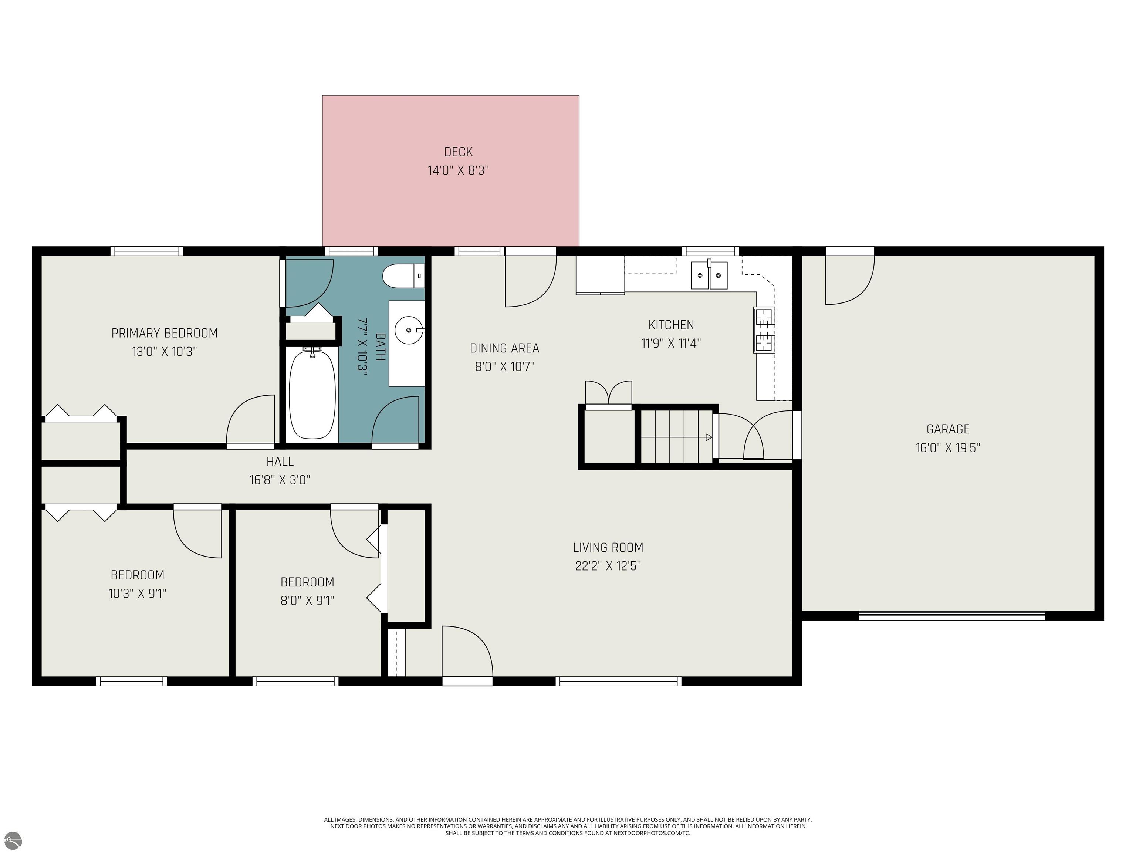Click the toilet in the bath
(403, 276)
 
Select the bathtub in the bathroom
(312, 394)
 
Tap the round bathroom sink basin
(409, 329)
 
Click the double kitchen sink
(709, 275)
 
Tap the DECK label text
(458, 152)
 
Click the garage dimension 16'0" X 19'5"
(947, 448)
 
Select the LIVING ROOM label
(608, 547)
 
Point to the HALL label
(280, 461)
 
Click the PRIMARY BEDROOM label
(164, 333)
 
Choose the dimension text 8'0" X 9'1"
(307, 600)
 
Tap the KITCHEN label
(671, 325)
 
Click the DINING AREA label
(504, 348)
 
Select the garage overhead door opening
(951, 615)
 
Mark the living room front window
(618, 681)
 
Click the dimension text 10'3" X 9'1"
(137, 594)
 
